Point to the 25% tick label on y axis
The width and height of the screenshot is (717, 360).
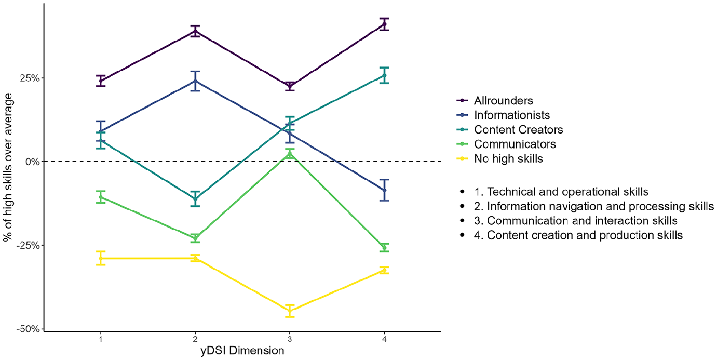(x=30, y=78)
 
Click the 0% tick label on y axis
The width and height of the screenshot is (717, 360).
(x=33, y=162)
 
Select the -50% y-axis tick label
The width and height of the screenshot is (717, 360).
(x=28, y=329)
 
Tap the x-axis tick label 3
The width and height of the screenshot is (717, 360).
(x=290, y=339)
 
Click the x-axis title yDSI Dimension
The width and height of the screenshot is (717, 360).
(x=242, y=351)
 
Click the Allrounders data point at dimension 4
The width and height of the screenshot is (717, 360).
(x=384, y=24)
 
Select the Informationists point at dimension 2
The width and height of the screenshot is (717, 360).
(x=195, y=81)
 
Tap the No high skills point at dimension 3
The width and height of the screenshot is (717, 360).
(x=290, y=311)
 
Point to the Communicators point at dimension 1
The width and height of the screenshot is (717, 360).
(x=101, y=197)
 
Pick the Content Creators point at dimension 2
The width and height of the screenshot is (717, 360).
(x=195, y=198)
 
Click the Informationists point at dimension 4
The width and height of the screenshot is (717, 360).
(x=384, y=190)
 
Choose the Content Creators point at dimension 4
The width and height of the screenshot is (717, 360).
(x=384, y=75)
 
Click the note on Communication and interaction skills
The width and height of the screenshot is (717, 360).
(x=575, y=221)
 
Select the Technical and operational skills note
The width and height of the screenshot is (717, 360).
(x=561, y=192)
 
